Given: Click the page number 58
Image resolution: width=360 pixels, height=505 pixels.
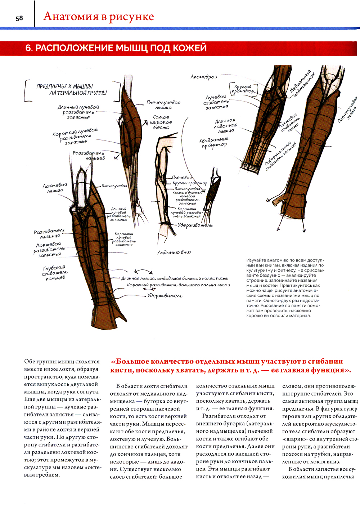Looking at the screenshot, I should pos(19,18).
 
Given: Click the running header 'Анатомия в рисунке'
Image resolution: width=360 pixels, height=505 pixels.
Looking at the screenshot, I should pos(98,17).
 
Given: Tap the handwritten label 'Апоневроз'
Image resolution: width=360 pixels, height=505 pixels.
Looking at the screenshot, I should pos(203,77).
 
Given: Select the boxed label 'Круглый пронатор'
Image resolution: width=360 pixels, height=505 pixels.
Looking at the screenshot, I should pos(243,89).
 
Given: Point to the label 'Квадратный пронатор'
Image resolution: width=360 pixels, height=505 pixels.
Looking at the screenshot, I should pos(214,142).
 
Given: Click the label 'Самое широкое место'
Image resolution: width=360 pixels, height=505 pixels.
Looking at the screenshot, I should pos(161,122).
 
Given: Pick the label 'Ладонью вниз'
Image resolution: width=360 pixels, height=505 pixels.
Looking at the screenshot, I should pos(174,252).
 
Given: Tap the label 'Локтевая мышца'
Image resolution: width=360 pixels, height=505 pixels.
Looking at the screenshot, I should pos(55,188).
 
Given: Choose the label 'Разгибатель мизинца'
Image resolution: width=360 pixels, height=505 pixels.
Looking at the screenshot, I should pos(50,233).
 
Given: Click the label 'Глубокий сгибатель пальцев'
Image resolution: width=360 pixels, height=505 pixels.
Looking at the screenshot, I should pos(55,273).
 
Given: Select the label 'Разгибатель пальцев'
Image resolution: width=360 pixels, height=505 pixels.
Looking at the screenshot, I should pos(89,155).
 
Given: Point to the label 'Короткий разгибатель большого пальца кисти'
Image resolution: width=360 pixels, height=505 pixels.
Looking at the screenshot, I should pos(178,285).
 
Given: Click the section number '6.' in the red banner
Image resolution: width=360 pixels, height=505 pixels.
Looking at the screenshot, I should pos(29,48).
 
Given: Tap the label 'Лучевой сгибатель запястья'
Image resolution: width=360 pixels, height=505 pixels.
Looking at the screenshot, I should pos(216,102).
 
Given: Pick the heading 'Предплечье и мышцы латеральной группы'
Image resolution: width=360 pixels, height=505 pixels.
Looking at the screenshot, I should pos(72,90).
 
